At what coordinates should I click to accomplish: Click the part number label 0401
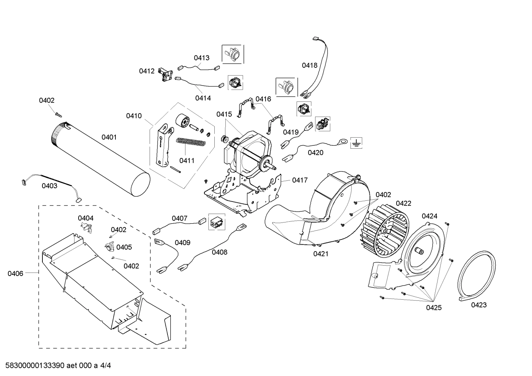tap(109, 137)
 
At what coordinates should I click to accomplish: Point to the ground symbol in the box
tap(356, 143)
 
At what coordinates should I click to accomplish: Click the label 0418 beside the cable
tap(309, 65)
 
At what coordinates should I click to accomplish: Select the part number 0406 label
tap(15, 273)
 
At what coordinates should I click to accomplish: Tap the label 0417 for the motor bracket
tap(300, 180)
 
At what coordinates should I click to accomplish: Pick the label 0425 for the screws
tap(433, 307)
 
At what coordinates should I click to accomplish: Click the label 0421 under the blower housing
tap(321, 253)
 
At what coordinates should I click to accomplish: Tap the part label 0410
tap(134, 116)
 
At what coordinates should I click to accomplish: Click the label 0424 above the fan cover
tap(429, 216)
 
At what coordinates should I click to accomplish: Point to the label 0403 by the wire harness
tap(49, 186)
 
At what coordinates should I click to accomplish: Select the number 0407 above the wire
tap(179, 218)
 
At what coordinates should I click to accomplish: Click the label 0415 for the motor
tap(224, 114)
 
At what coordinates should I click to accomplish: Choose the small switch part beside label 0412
tap(165, 75)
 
